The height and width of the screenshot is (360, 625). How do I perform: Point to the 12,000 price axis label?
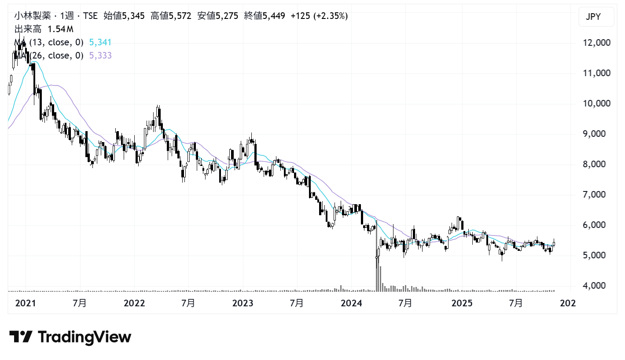coord(594,43)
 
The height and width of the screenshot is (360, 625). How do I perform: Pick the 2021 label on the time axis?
coord(25,304)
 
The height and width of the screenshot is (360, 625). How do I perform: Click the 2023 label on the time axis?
coord(243,304)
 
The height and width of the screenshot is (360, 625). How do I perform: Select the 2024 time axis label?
coord(351,304)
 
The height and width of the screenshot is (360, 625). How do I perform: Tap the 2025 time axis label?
coord(462,304)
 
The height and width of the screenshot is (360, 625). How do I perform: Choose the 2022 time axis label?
coord(134,304)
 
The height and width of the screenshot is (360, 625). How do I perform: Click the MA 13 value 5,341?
coord(100,43)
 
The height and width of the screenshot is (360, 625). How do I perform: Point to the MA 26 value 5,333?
coord(100,55)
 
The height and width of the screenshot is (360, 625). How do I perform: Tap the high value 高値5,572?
coord(171,16)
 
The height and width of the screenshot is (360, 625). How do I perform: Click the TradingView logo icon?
coord(21,337)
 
